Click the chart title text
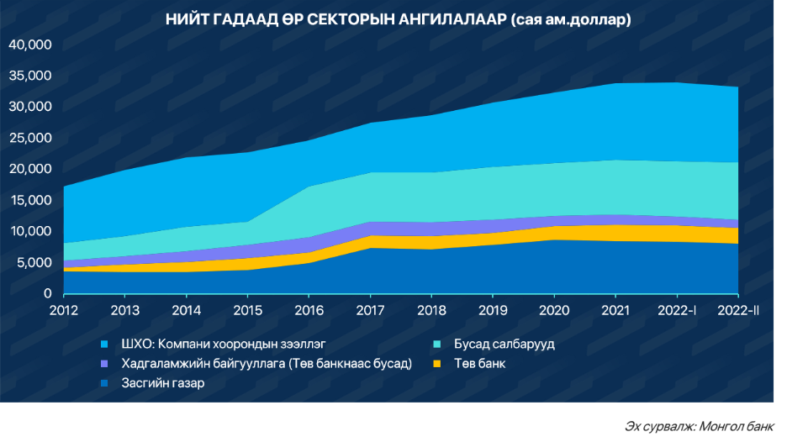tap(398, 19)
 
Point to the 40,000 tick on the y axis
tap(31, 45)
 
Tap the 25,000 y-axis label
tap(31, 138)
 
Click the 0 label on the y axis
tap(47, 293)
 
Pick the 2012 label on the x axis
tap(63, 312)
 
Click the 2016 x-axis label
tap(309, 312)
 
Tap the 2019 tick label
tap(493, 312)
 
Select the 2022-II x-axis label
tap(737, 312)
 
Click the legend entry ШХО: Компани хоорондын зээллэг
tap(223, 345)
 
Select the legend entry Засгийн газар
tap(162, 383)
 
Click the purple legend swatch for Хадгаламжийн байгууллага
tap(104, 364)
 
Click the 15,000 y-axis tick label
tap(31, 200)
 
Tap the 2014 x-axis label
tap(186, 312)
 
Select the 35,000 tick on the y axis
tap(31, 76)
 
